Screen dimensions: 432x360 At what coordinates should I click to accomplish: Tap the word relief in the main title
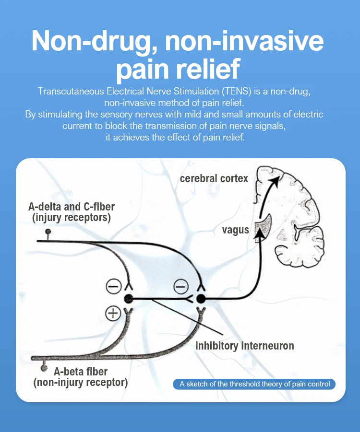pos(207,69)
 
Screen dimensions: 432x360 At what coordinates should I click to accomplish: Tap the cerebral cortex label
pos(214,179)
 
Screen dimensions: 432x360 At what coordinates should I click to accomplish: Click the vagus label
pos(235,230)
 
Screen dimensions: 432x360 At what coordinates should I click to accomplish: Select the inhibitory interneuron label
pos(244,345)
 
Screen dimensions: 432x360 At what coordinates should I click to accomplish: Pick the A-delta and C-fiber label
pos(72,208)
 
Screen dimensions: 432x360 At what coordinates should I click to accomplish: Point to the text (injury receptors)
pos(72,218)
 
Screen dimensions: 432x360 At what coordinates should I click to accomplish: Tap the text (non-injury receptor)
pos(81,382)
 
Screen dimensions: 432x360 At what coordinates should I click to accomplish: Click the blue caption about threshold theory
pos(254,384)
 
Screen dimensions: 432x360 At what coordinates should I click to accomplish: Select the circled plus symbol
pos(113,314)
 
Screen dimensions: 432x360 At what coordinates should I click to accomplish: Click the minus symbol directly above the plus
pos(114,287)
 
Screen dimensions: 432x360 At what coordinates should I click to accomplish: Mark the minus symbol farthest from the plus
pos(180,287)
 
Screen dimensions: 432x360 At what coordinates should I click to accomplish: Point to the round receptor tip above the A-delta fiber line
pos(48,232)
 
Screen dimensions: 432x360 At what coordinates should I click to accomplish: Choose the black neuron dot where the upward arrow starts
pos(201,299)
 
